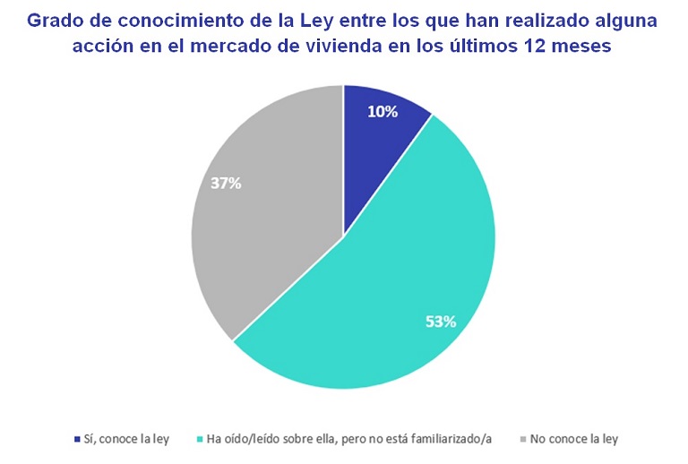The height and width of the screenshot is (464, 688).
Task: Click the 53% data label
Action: [440, 321]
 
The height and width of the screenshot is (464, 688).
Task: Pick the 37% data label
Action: [226, 184]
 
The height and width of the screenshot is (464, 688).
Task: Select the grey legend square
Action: [523, 440]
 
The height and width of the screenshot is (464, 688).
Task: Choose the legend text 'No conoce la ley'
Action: [574, 440]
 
